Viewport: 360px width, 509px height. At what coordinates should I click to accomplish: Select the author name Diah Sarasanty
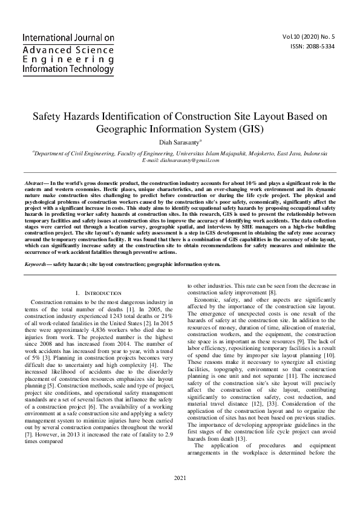click(178, 142)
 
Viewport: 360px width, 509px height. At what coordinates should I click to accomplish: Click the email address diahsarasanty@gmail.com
click(180, 160)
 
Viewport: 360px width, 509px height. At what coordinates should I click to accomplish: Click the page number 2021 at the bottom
click(180, 494)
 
